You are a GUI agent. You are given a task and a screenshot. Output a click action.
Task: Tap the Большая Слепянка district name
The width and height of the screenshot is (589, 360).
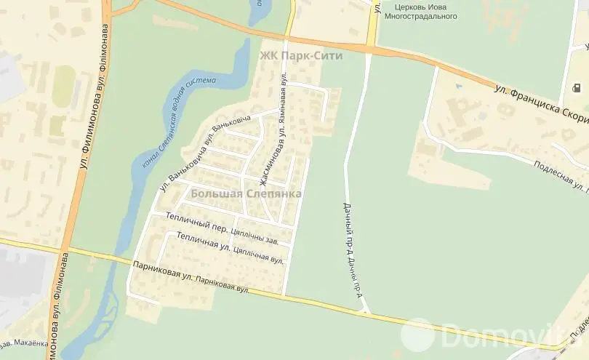[246, 194]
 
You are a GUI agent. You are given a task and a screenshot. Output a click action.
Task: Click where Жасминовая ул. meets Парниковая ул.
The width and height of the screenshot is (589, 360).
[284, 294]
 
